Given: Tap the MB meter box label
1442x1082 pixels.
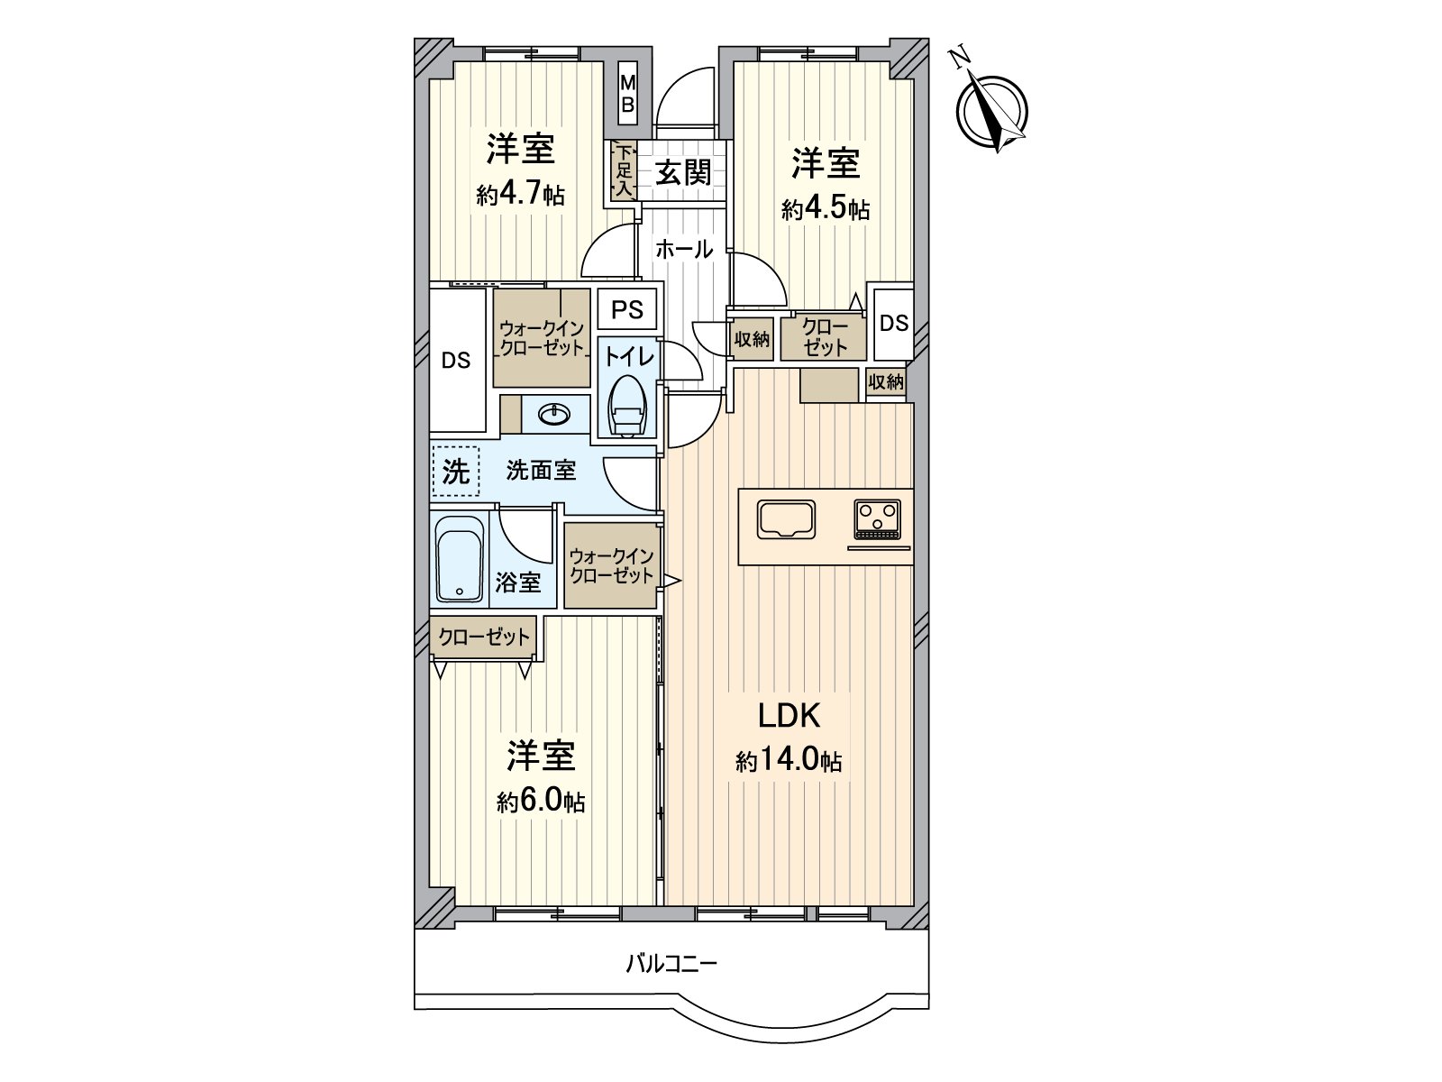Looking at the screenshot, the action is pyautogui.click(x=628, y=93).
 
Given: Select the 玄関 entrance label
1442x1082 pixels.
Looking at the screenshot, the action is pyautogui.click(x=683, y=173).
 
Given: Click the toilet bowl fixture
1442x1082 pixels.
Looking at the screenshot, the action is pyautogui.click(x=628, y=408).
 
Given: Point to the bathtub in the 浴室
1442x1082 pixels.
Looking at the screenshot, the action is pyautogui.click(x=460, y=558).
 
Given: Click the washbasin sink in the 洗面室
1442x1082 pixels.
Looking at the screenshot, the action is pyautogui.click(x=554, y=415).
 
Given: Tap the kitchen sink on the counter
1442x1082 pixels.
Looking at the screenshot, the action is pyautogui.click(x=787, y=519).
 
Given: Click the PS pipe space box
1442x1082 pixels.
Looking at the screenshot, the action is pyautogui.click(x=627, y=308).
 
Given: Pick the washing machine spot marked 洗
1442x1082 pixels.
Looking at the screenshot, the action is pyautogui.click(x=456, y=472).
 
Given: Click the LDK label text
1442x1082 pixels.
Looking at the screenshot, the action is pyautogui.click(x=789, y=716).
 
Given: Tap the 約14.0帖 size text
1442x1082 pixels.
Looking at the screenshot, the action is pyautogui.click(x=789, y=761).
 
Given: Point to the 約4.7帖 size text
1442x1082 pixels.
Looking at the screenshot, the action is pyautogui.click(x=520, y=194).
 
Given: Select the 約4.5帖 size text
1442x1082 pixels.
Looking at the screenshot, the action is pyautogui.click(x=826, y=209).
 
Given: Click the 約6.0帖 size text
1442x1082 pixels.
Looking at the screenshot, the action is pyautogui.click(x=541, y=801).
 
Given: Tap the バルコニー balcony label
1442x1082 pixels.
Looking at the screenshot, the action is pyautogui.click(x=671, y=965).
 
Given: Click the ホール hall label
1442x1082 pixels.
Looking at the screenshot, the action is pyautogui.click(x=684, y=250).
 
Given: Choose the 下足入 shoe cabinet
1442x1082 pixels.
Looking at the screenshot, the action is pyautogui.click(x=624, y=170).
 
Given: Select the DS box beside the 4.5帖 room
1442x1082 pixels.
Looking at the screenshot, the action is pyautogui.click(x=893, y=323).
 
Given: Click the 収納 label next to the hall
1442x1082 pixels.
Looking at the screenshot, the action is pyautogui.click(x=752, y=339).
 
